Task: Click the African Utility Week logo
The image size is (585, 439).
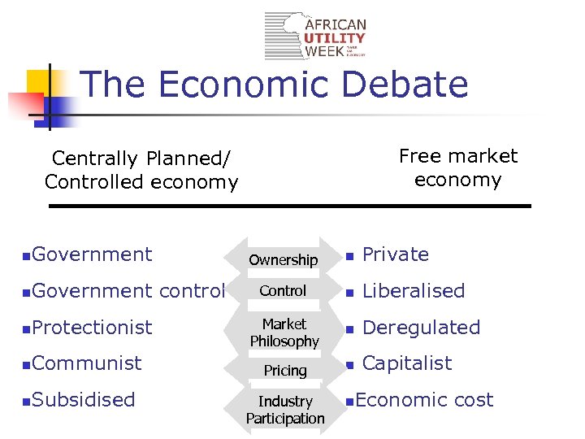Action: [316, 36]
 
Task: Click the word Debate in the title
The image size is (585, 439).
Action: [405, 85]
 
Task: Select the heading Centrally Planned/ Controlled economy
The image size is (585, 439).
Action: [141, 170]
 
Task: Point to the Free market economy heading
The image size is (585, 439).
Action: [457, 167]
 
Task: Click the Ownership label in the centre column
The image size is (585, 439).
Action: [284, 260]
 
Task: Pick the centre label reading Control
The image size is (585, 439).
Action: [284, 291]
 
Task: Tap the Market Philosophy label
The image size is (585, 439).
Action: [284, 333]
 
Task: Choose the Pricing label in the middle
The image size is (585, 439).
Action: [285, 371]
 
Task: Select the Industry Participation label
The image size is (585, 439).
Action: [285, 410]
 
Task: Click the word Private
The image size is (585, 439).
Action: [395, 254]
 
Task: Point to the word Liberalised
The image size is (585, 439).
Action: [414, 291]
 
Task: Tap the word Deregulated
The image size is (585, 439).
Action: [421, 328]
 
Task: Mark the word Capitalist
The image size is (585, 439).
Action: [407, 363]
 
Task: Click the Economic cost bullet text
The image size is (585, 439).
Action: [424, 400]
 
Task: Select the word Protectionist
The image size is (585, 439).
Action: [93, 328]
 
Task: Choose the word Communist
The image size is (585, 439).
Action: [88, 363]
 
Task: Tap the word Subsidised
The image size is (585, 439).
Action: [84, 400]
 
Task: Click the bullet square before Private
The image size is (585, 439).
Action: [349, 256]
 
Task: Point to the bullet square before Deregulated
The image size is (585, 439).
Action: [349, 329]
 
